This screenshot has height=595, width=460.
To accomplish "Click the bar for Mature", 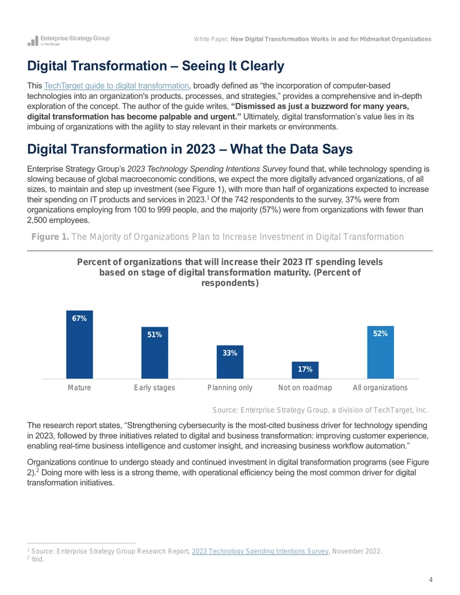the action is [79, 344].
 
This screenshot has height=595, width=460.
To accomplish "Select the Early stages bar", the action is [155, 353].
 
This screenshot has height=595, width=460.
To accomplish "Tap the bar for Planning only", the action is [229, 362].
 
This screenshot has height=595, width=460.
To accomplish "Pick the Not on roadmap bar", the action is [305, 370].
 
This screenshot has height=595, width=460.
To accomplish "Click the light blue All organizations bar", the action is [380, 352].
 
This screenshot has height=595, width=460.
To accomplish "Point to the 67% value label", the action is [79, 318].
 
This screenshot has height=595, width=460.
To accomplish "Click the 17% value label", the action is [305, 369].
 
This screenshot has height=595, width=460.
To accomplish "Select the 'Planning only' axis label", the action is [229, 388].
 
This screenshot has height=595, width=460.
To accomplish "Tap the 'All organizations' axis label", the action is [380, 388].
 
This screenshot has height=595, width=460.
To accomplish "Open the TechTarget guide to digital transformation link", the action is [117, 86].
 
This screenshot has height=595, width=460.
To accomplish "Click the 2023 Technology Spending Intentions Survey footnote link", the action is [260, 551].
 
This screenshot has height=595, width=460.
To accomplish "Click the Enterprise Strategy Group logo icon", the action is [33, 41].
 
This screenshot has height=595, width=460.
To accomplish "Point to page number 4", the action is [431, 580].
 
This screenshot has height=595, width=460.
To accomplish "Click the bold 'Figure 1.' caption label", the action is [50, 237].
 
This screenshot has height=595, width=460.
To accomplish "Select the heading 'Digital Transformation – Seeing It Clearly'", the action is [156, 66].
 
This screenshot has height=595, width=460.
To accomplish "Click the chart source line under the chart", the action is [320, 410].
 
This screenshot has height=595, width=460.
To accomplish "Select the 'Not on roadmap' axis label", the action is [305, 388].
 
